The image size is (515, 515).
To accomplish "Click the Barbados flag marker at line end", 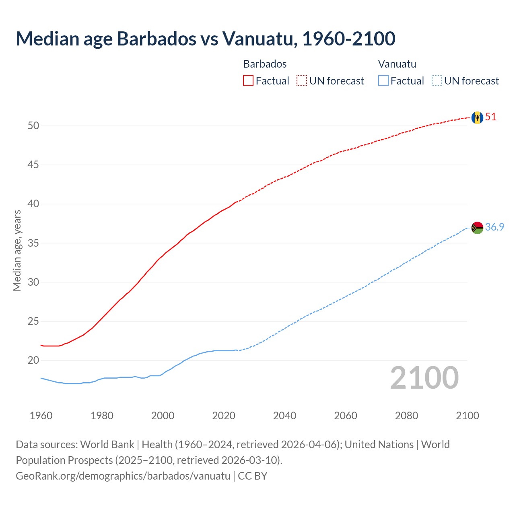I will click(x=477, y=117).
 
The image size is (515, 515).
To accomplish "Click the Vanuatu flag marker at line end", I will click(x=477, y=228).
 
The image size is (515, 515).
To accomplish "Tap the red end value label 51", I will click(x=491, y=117).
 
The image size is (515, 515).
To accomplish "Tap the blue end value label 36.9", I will click(x=494, y=227).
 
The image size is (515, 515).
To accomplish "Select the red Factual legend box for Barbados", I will click(x=248, y=81).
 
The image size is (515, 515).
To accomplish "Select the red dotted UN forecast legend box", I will click(x=302, y=81).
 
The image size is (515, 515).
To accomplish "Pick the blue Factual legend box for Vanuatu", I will click(x=383, y=81).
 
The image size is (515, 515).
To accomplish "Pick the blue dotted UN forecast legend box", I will click(x=437, y=81).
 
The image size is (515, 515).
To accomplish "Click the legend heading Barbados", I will click(x=265, y=64).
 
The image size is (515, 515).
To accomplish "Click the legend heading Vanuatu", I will click(x=397, y=64).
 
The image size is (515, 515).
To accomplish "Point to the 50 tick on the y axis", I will click(x=33, y=126).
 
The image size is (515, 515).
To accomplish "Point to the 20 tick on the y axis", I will click(x=33, y=360).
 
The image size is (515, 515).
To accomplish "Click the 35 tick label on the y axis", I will click(x=33, y=243).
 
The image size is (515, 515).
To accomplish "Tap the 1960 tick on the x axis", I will click(x=41, y=416).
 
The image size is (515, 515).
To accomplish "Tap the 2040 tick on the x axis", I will click(x=284, y=416).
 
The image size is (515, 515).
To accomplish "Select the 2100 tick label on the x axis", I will click(x=468, y=416).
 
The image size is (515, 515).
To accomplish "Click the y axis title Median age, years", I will click(x=17, y=250).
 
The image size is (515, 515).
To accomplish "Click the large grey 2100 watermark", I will click(x=424, y=378).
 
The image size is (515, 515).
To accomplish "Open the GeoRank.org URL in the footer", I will click(x=123, y=476).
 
